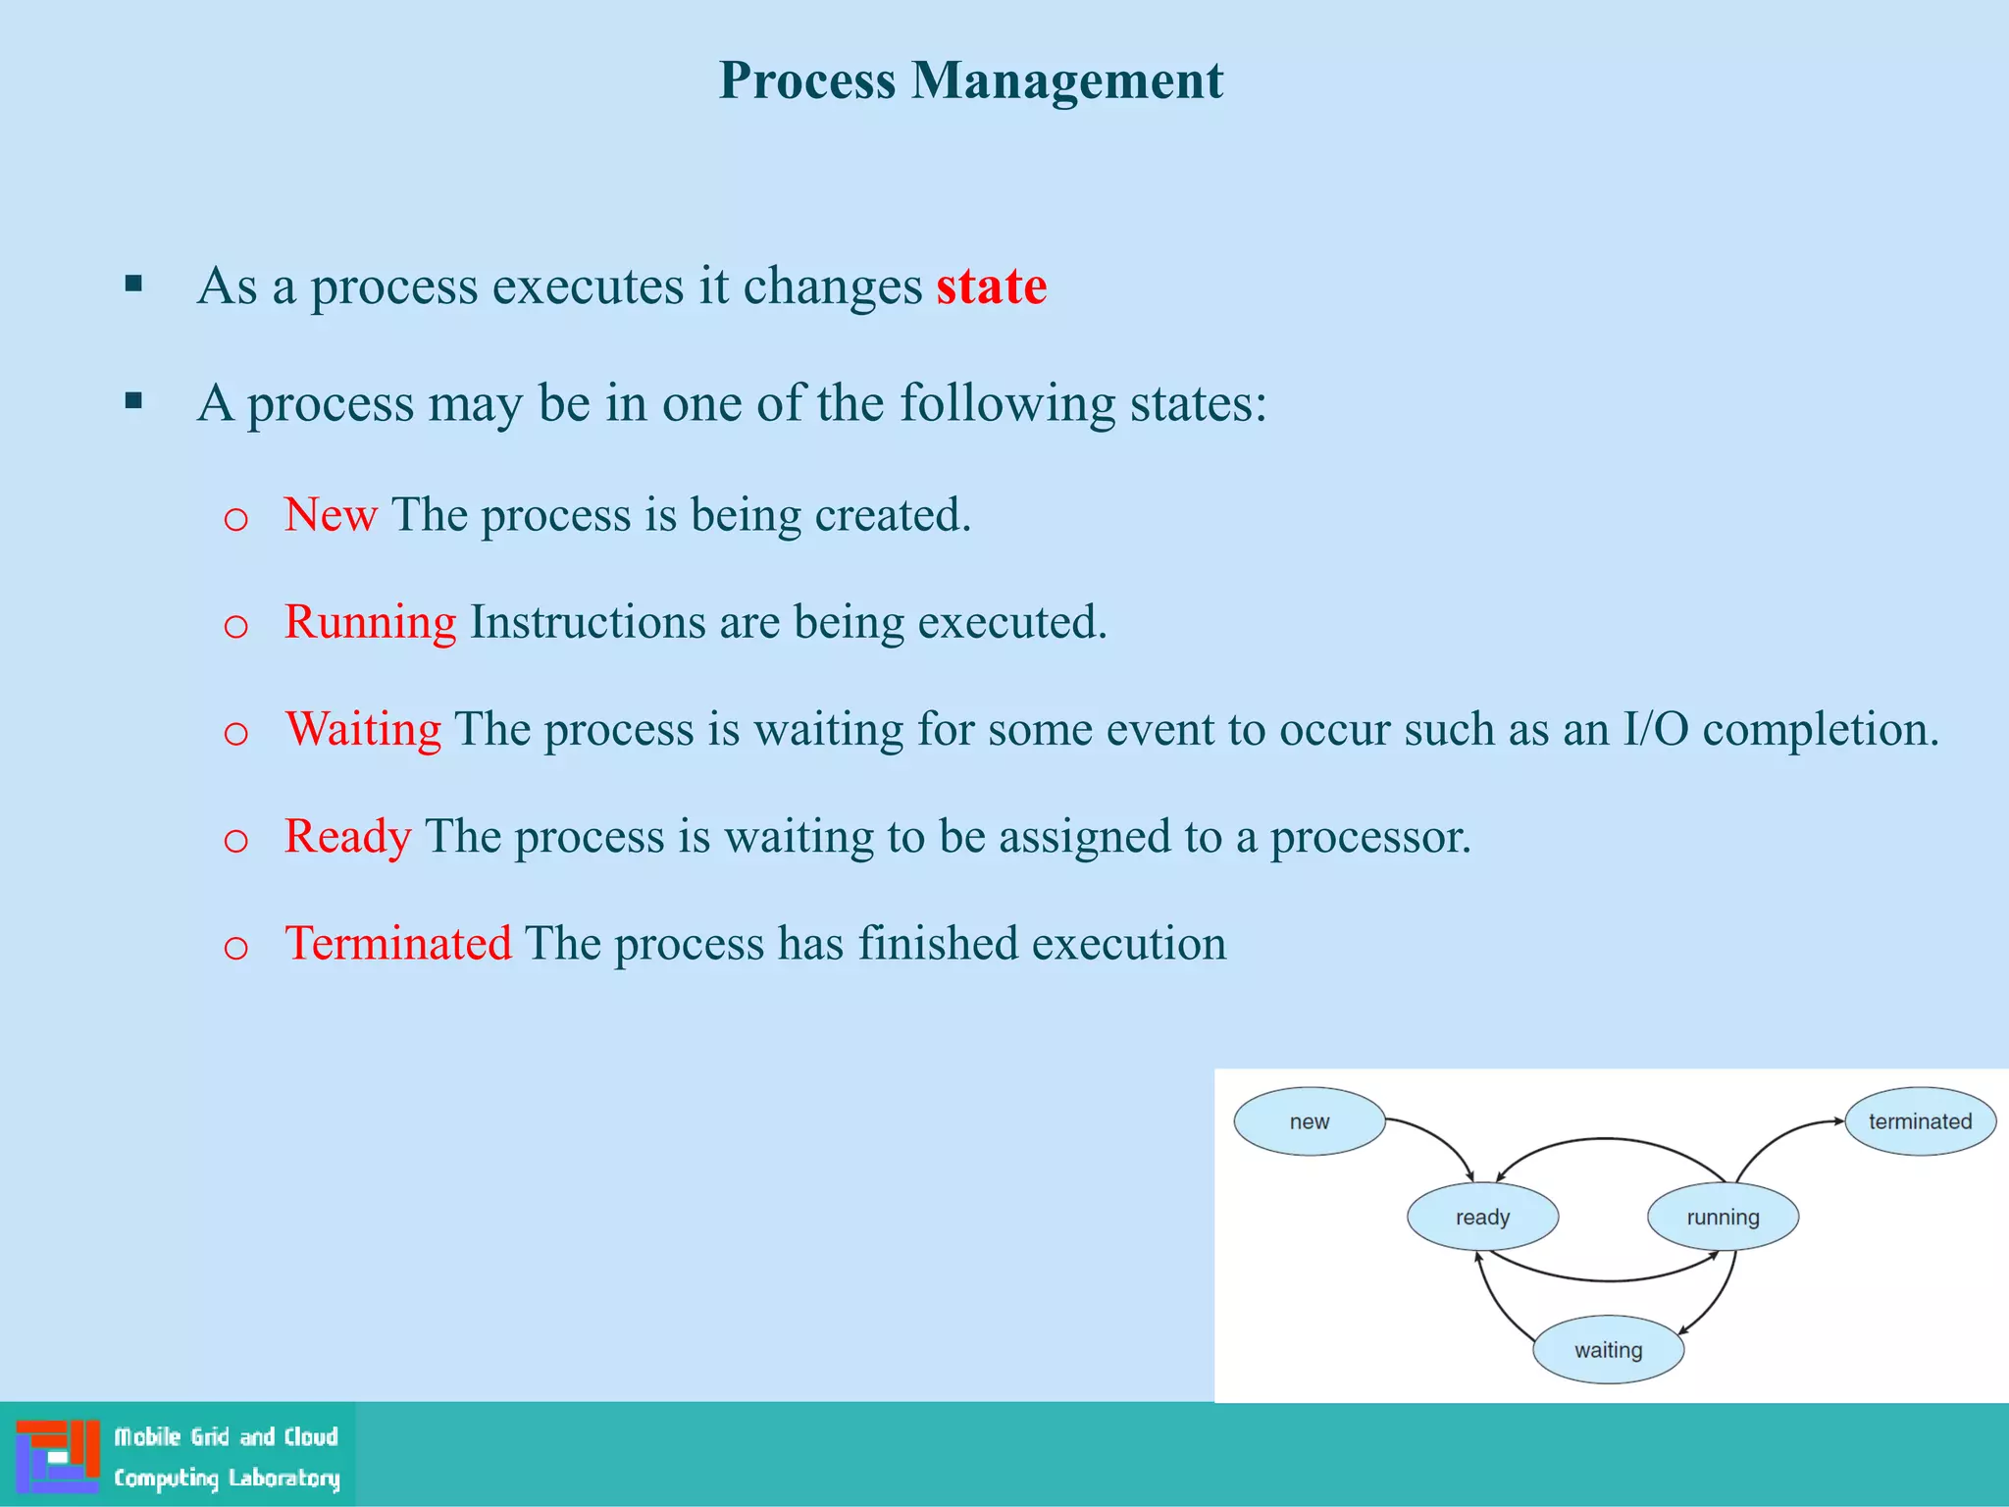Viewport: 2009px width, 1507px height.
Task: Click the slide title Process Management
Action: coord(970,79)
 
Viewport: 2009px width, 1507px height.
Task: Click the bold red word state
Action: coord(991,286)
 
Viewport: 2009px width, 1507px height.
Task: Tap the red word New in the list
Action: coord(331,514)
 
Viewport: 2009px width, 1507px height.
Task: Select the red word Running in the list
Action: coord(370,622)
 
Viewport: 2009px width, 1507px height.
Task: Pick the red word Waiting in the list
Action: coord(363,729)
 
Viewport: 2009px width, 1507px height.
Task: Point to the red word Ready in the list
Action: coord(347,836)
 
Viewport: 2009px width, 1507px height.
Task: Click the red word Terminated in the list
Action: coord(397,943)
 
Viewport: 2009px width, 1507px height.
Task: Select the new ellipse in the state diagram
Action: coord(1309,1121)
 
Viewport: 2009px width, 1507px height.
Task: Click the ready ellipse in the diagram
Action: coord(1482,1217)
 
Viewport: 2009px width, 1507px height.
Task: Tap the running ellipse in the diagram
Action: coord(1723,1217)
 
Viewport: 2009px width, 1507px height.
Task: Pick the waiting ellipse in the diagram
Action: coord(1608,1350)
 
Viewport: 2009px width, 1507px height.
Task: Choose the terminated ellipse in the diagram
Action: coord(1920,1121)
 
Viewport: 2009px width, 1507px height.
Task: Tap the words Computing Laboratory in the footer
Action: coord(227,1478)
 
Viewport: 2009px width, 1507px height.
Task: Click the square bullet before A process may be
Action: coord(134,401)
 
